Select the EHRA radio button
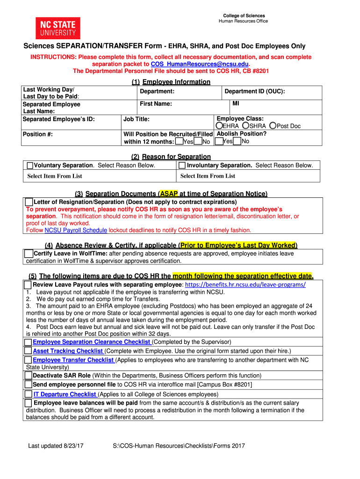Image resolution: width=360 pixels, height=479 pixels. point(219,126)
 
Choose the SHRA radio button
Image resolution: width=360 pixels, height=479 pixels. point(245,126)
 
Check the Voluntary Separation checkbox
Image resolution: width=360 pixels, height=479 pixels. point(30,166)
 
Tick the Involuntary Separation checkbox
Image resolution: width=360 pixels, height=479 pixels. point(182,166)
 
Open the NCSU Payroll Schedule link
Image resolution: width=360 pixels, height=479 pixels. point(76,230)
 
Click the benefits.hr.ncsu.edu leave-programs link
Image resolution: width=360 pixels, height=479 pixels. point(245,285)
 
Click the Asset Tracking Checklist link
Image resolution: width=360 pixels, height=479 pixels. point(68,351)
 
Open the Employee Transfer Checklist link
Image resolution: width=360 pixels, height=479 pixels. point(74,360)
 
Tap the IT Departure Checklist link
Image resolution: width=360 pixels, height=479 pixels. point(65,394)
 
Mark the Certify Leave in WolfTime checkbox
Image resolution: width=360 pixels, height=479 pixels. point(29,254)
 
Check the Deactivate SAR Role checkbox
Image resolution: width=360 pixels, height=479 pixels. point(28,376)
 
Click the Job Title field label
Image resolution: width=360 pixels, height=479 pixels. point(136,119)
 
